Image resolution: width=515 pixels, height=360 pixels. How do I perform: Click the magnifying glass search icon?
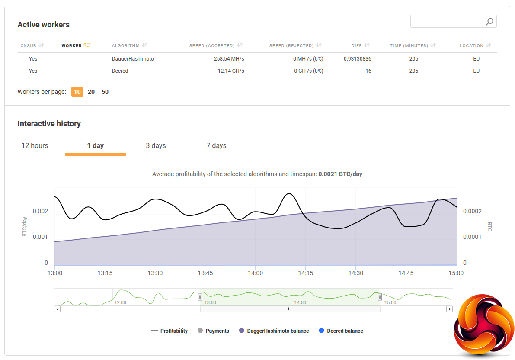489,22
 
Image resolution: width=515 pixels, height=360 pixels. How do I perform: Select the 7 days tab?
216,145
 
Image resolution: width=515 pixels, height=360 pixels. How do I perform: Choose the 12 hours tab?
35,145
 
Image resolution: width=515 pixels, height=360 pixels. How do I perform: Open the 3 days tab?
156,145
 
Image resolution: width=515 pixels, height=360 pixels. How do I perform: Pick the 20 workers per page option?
91,92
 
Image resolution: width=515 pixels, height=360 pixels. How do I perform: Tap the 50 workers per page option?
105,92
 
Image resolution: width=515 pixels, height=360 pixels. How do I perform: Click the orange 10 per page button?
77,92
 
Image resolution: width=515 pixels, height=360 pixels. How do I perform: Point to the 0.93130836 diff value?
357,59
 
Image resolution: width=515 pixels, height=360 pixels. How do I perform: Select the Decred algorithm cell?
120,71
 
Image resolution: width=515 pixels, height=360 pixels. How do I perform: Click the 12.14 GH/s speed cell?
231,71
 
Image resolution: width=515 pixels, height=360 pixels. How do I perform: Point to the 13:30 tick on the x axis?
155,273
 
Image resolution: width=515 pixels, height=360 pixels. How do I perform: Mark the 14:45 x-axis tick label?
406,273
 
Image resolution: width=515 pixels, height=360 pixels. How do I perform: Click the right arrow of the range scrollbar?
449,309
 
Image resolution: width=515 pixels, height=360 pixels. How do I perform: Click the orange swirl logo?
483,325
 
